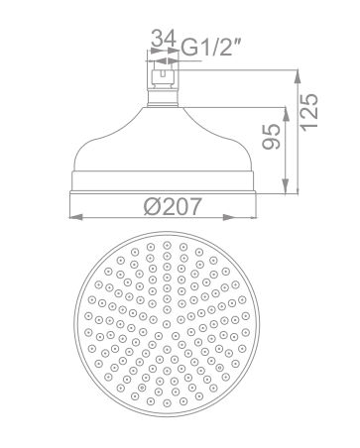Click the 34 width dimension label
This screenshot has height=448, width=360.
pyautogui.click(x=163, y=39)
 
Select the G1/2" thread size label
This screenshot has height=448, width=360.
pyautogui.click(x=211, y=48)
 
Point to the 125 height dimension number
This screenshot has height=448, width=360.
pyautogui.click(x=310, y=112)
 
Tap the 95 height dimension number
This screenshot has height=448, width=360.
pyautogui.click(x=272, y=136)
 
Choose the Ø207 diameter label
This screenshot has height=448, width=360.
pyautogui.click(x=173, y=206)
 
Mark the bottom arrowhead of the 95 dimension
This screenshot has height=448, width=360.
pyautogui.click(x=285, y=185)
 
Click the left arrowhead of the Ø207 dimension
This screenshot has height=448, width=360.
pyautogui.click(x=75, y=217)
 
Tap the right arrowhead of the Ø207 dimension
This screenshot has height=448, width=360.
pyautogui.click(x=229, y=217)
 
